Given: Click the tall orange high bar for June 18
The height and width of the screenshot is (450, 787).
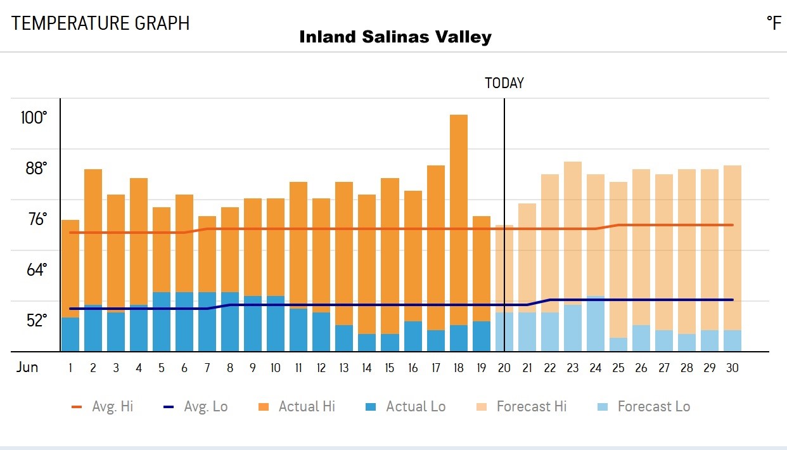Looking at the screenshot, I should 459,215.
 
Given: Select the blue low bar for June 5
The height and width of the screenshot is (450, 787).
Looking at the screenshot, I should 162,321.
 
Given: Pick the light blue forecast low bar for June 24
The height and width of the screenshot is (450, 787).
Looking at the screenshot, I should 596,323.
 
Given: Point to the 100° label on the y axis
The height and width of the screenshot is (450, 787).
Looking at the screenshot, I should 34,118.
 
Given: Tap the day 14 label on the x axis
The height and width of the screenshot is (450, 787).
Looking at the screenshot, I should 367,368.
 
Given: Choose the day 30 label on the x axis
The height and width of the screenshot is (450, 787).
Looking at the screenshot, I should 732,368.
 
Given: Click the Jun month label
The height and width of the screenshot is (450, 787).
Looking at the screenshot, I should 27,368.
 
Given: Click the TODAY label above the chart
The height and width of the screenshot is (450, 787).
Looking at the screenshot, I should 504,83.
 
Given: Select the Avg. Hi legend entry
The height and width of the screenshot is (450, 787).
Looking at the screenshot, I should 102,407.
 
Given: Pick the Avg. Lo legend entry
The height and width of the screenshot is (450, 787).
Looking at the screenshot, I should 195,407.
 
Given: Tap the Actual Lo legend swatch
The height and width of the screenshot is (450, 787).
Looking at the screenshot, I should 372,407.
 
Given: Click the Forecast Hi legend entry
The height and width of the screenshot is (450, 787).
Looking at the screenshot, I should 520,407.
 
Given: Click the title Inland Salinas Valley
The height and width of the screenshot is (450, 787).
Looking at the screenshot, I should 395,37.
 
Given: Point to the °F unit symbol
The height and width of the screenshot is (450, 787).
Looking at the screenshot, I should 774,23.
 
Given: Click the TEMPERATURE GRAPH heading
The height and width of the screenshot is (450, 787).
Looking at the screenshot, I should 101,23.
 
